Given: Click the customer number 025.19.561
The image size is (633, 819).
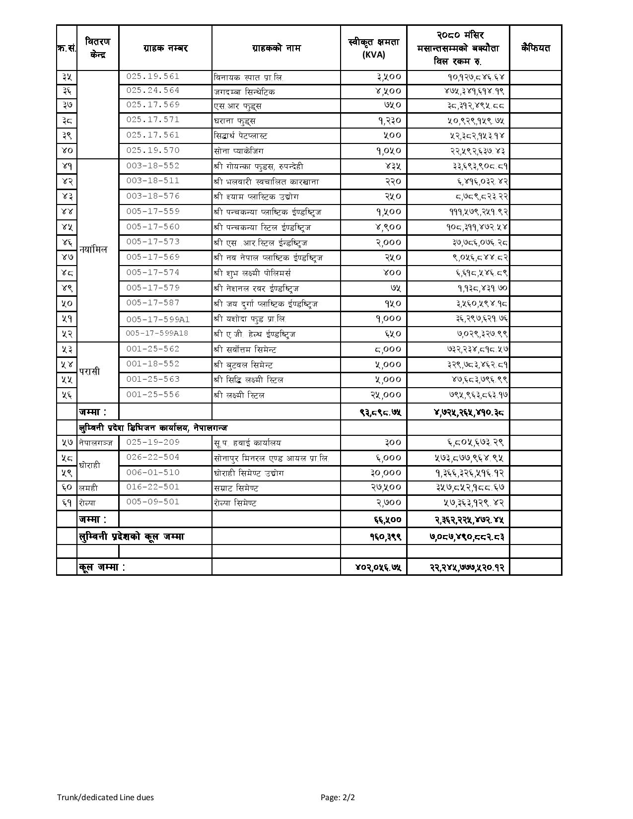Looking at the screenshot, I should tap(152, 77).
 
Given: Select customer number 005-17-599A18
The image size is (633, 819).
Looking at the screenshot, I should tap(157, 334).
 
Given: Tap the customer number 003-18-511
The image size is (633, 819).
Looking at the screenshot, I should tap(152, 181).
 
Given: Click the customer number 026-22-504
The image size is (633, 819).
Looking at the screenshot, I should tap(152, 457).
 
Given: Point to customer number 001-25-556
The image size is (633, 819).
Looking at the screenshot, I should tap(152, 395).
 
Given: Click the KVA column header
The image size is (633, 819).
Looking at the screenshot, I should tap(373, 49).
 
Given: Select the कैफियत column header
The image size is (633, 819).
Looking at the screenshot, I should tap(536, 48).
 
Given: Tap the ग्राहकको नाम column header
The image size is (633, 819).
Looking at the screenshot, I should tap(276, 48).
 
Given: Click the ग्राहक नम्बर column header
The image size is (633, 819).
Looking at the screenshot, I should tap(165, 48).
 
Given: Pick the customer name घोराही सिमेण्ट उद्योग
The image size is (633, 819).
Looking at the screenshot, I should tap(249, 473).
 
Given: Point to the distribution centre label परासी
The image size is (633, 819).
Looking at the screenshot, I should tap(89, 372).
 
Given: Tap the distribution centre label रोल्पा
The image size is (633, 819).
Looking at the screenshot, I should tap(87, 503).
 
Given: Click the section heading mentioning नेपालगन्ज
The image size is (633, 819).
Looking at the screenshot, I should tap(153, 427).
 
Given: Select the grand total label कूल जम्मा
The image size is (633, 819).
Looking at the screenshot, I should tap(102, 567).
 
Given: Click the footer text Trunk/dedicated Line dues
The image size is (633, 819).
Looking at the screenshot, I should tap(105, 798).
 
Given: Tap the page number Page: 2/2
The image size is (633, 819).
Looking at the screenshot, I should tap(338, 798).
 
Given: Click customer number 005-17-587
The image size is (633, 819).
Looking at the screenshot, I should tap(152, 303).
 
